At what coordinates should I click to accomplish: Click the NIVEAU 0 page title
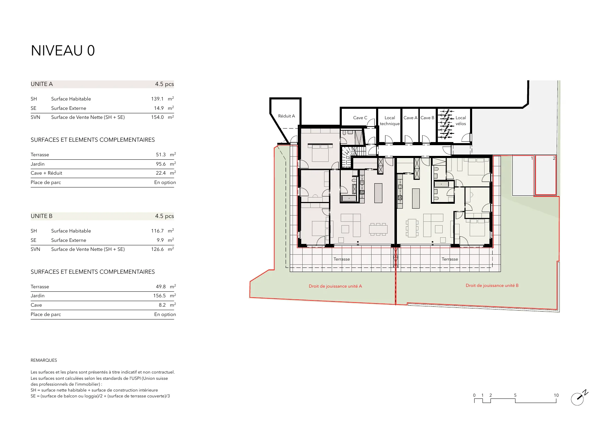point(63,51)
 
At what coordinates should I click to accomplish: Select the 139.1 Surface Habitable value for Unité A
point(157,99)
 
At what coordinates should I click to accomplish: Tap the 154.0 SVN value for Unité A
point(157,117)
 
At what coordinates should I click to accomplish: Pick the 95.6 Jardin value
point(161,164)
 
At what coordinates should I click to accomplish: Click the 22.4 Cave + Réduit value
point(161,173)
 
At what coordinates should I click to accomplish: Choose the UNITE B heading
point(42,216)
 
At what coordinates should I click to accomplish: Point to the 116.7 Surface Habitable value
point(157,231)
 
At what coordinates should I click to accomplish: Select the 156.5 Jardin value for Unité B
point(159,296)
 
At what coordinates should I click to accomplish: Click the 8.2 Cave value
point(162,305)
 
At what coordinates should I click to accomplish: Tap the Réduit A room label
point(286,116)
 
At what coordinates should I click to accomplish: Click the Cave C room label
point(360,118)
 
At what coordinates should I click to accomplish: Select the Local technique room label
point(390,121)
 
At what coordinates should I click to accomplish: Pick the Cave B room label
point(427,118)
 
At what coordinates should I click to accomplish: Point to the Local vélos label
point(461,121)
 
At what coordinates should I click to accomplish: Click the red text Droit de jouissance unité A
point(335,286)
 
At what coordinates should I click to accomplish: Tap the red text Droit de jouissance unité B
point(492,286)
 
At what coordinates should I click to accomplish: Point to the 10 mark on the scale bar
point(556,395)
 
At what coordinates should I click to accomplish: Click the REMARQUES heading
point(44,360)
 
